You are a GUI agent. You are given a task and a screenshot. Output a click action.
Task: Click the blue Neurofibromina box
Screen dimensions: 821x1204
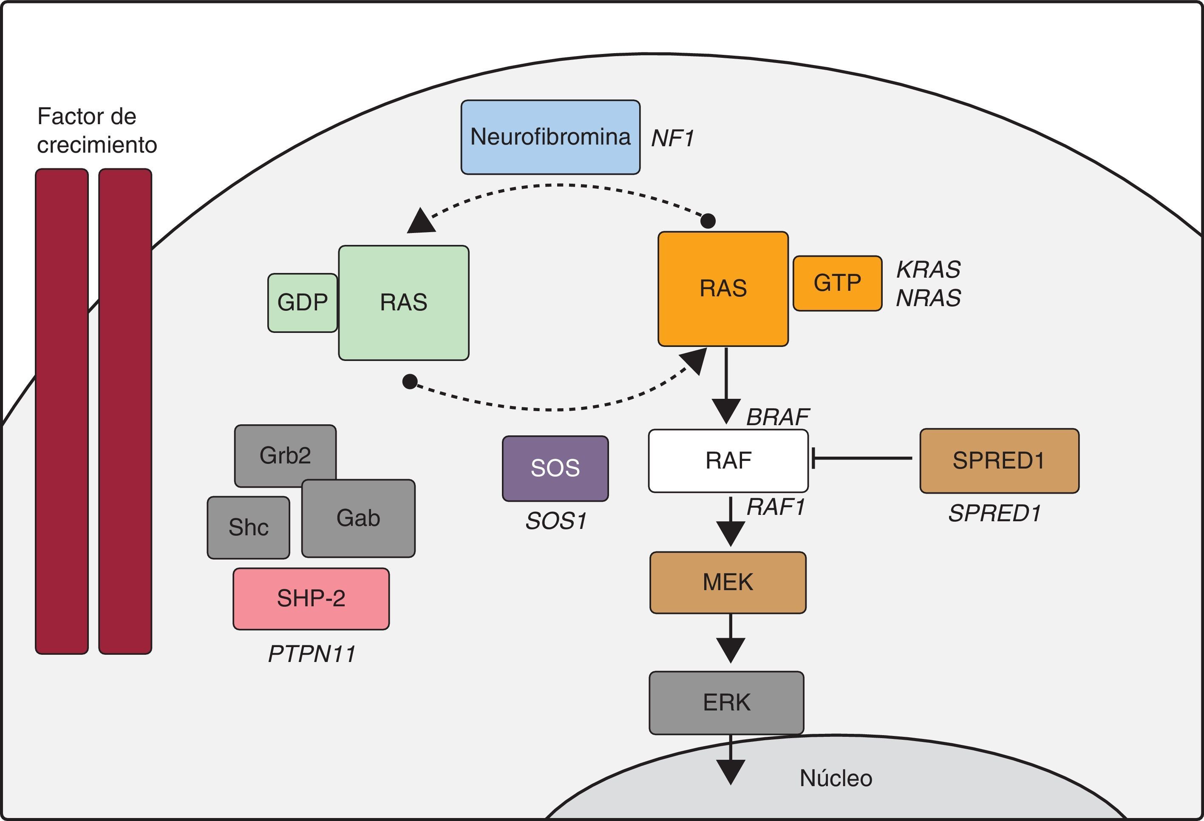[x=550, y=137]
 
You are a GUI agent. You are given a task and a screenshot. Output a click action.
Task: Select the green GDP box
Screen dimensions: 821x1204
[x=303, y=303]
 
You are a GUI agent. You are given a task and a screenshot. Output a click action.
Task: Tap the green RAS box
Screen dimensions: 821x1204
[x=404, y=303]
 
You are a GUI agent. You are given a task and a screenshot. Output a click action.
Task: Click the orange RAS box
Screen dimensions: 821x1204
[x=723, y=289]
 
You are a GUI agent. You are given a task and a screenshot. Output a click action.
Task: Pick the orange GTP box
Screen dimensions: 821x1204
[x=837, y=283]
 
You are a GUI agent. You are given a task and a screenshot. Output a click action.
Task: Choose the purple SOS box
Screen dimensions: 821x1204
[x=555, y=468]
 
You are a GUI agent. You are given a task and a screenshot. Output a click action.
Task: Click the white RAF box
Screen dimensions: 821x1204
[x=728, y=460]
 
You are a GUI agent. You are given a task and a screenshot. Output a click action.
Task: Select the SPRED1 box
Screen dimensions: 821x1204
[x=999, y=460]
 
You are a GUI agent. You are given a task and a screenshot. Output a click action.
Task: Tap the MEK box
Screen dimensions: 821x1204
[x=728, y=582]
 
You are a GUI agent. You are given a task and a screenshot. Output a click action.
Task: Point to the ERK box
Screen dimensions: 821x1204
[x=726, y=702]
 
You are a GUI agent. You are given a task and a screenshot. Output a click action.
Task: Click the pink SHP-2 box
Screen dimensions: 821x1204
[x=311, y=599]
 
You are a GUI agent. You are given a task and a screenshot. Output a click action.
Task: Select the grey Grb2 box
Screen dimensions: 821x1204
[x=285, y=455]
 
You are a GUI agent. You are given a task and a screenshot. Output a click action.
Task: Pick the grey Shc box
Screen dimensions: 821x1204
[x=248, y=527]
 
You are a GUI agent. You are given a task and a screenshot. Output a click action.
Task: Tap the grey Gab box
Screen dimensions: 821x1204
[x=358, y=518]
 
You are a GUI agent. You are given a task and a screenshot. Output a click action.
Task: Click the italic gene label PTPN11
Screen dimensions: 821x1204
[x=312, y=654]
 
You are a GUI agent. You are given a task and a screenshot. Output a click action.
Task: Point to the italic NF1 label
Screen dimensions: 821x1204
[x=672, y=138]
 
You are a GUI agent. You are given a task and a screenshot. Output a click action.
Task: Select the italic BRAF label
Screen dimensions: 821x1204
[x=777, y=417]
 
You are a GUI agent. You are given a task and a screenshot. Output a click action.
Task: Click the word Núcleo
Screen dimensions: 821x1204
[x=836, y=778]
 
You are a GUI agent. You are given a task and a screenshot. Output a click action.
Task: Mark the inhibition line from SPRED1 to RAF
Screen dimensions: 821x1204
[x=863, y=458]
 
